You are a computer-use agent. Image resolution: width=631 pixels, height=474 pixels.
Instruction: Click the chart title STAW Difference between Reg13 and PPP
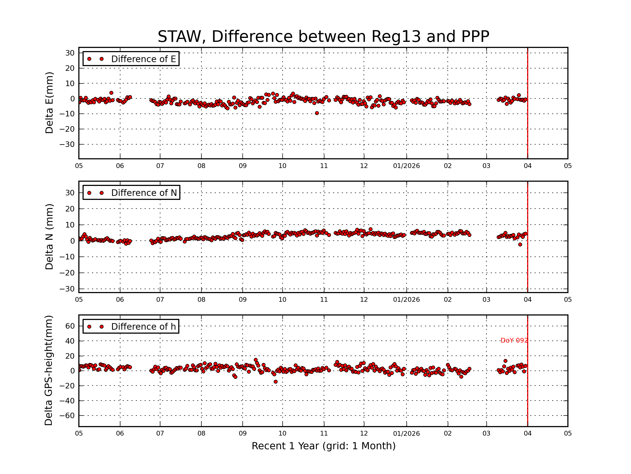pos(323,37)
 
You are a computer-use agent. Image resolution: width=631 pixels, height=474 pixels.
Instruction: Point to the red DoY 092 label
pos(514,340)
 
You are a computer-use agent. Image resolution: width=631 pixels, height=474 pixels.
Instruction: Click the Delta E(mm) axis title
pos(49,103)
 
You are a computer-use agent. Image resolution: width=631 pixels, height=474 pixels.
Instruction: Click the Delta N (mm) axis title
pos(49,236)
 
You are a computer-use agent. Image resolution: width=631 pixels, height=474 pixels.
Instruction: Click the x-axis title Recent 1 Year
pos(323,446)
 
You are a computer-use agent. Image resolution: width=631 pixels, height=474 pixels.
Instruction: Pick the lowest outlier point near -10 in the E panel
pos(317,113)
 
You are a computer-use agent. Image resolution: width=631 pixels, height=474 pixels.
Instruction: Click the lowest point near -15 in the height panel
pos(276,382)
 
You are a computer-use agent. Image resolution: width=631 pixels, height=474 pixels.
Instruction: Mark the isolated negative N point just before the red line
pos(520,245)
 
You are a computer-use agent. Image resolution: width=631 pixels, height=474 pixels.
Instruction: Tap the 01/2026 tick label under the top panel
pos(406,166)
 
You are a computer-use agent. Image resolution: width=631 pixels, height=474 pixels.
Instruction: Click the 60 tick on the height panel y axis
pos(70,326)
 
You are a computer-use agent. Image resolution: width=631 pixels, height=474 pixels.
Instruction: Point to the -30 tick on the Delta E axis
pos(67,144)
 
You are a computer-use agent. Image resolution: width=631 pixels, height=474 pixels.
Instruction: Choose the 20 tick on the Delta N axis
pos(70,209)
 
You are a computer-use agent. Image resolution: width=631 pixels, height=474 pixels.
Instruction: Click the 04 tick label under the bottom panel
pos(527,433)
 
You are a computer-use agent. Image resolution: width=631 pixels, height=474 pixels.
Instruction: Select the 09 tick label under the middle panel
pos(242,300)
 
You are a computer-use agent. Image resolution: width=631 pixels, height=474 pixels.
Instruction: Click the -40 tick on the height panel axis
pos(67,401)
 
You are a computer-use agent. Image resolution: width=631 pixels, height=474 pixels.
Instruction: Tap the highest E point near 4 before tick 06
pos(111,93)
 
